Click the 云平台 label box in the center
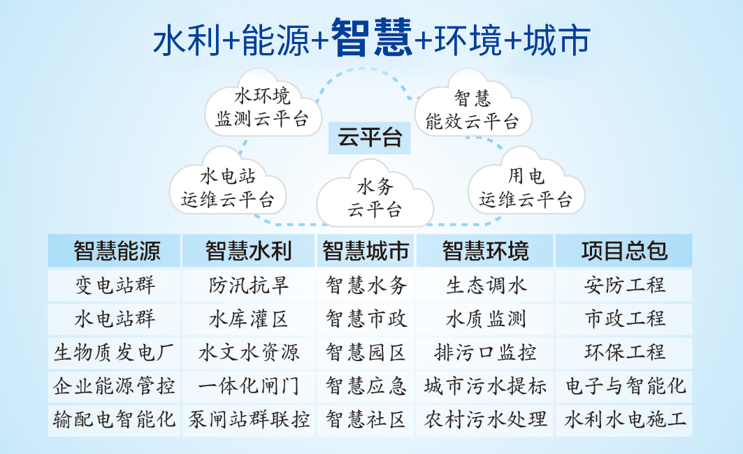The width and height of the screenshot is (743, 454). tap(369, 138)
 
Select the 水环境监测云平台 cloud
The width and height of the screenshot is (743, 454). tap(263, 105)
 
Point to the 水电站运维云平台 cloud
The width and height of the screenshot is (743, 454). tap(228, 184)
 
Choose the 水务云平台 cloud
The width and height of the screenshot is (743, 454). tap(375, 196)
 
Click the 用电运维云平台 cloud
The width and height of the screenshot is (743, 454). tap(526, 184)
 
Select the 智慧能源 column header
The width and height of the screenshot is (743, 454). tap(114, 251)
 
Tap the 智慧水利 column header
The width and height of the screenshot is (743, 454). tap(249, 251)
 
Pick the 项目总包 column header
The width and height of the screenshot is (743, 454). tap(624, 251)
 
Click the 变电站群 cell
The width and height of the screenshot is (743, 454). tap(114, 286)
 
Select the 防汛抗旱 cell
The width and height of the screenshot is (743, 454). tap(249, 286)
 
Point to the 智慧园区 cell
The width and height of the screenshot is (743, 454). tap(366, 353)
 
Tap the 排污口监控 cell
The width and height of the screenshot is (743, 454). tap(485, 353)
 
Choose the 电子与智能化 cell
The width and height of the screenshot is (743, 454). tap(624, 386)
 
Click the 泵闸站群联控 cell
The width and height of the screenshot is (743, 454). tap(249, 420)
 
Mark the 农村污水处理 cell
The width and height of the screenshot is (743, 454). tap(485, 420)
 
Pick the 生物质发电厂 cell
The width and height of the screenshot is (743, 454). tap(114, 353)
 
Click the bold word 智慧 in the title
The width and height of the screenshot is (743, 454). tap(372, 38)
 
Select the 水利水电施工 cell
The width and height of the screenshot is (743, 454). tap(624, 420)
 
